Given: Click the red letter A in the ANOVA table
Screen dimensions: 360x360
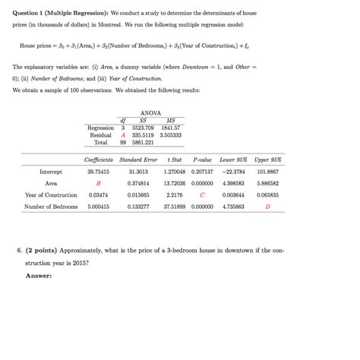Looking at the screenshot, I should (x=122, y=134).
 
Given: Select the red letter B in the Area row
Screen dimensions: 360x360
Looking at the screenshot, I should (x=98, y=183).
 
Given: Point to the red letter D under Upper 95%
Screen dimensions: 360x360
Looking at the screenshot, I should (x=267, y=206).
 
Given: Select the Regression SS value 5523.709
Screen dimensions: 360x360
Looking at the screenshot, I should (x=143, y=128).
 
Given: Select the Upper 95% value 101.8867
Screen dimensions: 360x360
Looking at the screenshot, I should (x=267, y=172).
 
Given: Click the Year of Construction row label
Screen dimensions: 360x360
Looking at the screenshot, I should (x=51, y=194).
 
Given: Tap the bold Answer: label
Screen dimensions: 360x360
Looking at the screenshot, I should (x=39, y=275).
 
